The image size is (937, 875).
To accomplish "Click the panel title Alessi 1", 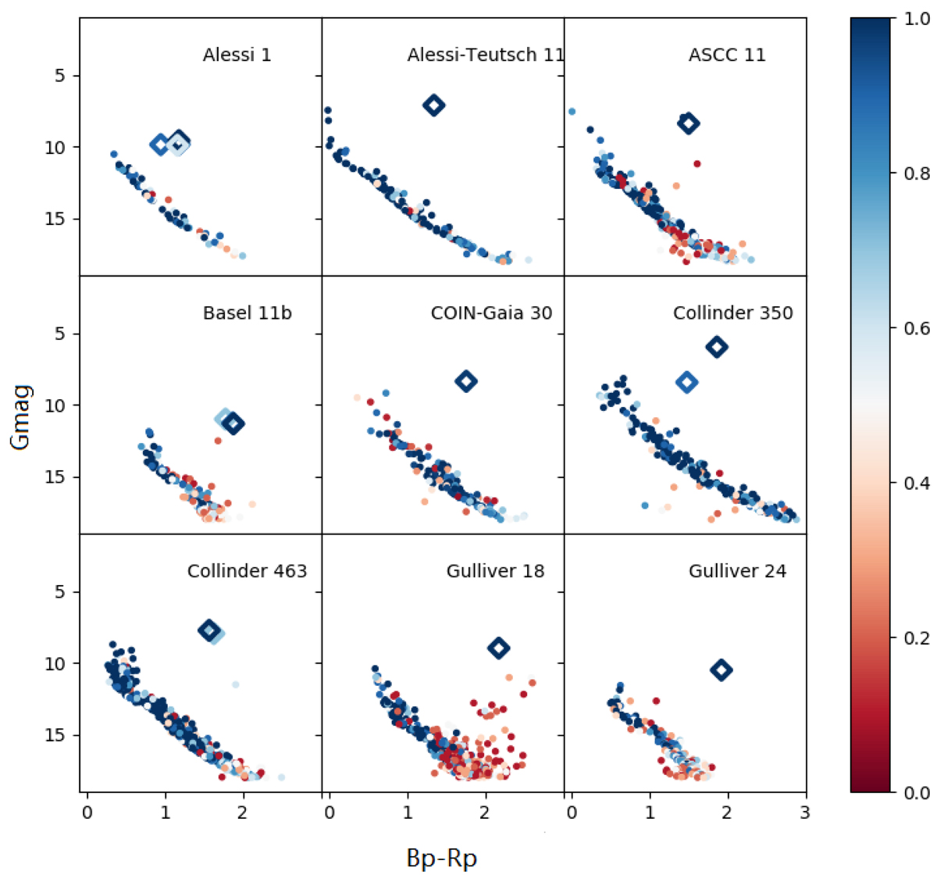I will click(x=237, y=55).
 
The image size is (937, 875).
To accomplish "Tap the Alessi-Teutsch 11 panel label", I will click(x=485, y=55).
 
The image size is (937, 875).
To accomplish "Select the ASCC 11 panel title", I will click(x=726, y=55).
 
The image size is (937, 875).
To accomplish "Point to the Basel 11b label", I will click(x=247, y=313).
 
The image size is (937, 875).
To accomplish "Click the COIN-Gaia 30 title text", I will click(x=491, y=313).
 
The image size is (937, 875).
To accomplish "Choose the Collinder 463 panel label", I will click(x=247, y=571).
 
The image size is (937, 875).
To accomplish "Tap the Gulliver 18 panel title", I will click(x=495, y=571).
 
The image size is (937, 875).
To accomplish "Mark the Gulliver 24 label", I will click(x=737, y=571).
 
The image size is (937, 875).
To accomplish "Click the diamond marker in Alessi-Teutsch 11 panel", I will click(x=434, y=105).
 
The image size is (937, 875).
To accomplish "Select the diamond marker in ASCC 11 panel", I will click(x=688, y=123).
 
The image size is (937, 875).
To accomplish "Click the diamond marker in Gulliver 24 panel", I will click(x=721, y=670).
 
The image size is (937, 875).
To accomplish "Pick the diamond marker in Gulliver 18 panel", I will click(x=498, y=648).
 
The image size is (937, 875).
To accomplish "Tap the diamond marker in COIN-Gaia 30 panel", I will click(x=466, y=381).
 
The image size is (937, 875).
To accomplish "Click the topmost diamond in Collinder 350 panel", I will click(x=717, y=347).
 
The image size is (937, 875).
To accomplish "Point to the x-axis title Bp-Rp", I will click(x=441, y=858).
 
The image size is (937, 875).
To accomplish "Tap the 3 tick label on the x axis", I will click(x=804, y=812).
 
